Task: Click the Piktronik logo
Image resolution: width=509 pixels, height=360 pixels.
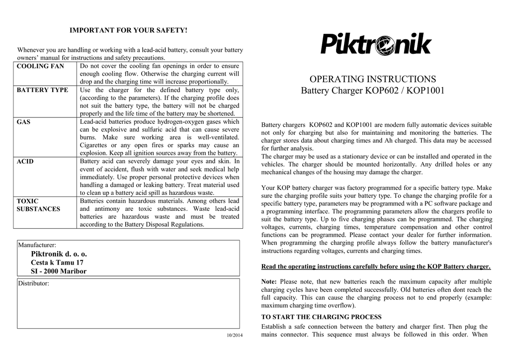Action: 375,44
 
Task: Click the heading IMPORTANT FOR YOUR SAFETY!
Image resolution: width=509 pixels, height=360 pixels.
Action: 128,31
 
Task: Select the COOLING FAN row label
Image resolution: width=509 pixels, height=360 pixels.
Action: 41,66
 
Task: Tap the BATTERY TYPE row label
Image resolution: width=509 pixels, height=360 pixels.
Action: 43,90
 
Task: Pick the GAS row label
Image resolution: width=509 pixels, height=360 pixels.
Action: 24,122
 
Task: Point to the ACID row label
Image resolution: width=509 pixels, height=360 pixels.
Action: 25,162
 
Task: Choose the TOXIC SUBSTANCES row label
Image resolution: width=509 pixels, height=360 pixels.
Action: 38,205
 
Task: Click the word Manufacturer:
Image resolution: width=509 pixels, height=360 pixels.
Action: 37,245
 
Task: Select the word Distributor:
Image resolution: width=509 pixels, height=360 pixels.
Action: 34,283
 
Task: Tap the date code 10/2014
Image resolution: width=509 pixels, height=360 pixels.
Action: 235,334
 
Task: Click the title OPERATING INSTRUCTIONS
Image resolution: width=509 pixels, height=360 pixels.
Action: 373,79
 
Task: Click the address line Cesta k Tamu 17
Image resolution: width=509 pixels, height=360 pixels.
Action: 57,263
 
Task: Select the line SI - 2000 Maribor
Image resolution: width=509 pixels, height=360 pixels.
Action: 59,271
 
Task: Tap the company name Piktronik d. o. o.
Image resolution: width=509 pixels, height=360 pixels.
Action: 59,254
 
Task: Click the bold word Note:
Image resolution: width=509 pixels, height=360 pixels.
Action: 269,281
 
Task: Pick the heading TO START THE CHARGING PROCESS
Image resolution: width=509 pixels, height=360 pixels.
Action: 321,317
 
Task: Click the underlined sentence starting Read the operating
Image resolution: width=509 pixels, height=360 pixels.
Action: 376,266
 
